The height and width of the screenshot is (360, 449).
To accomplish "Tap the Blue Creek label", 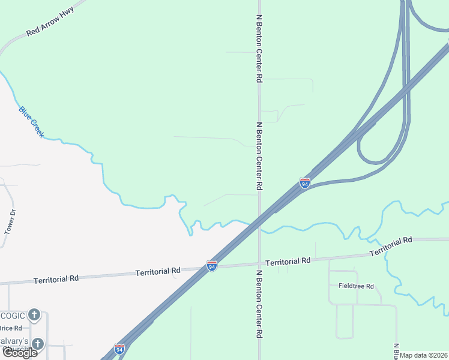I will [x=31, y=122].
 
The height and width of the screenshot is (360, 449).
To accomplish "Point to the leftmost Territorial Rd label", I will [x=56, y=280].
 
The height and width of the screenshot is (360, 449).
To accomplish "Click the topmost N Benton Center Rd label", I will [x=259, y=49].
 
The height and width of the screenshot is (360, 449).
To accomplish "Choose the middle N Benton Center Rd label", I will [x=259, y=157].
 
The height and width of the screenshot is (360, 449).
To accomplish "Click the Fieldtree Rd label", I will [x=356, y=286].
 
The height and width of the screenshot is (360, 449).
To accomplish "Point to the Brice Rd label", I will [x=10, y=328].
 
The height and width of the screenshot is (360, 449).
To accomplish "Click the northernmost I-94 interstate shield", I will [x=305, y=183].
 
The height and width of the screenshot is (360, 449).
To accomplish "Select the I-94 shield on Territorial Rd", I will [x=212, y=265].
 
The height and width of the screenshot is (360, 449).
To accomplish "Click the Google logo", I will [x=19, y=353].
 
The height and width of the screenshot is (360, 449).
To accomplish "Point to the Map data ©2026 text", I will [x=424, y=355].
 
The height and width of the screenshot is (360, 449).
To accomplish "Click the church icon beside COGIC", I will [x=34, y=314].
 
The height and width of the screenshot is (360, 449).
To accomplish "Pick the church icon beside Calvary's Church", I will [x=38, y=344].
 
